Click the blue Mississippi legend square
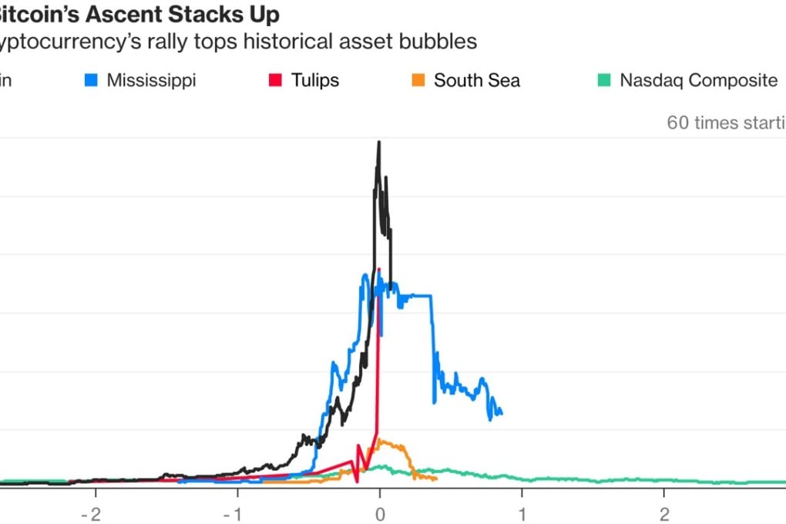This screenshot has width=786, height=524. point(90,80)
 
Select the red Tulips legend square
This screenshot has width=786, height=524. point(274,80)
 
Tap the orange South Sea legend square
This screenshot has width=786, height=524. point(418,80)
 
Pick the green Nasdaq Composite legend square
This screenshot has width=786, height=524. point(603,80)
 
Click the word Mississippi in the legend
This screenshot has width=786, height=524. point(151,80)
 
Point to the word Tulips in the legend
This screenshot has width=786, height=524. point(314,80)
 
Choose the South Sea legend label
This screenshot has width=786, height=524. point(476,80)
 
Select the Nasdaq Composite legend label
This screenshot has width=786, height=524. point(698,80)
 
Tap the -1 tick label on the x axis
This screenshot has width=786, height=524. point(236,513)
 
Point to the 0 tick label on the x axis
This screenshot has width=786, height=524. point(380,513)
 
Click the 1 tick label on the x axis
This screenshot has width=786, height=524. point(522,513)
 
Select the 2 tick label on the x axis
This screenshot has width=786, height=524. point(664,513)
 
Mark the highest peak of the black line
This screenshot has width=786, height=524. point(378,143)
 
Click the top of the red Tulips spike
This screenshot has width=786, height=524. point(380,269)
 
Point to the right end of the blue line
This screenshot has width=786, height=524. point(502,413)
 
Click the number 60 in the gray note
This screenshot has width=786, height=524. point(678,123)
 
